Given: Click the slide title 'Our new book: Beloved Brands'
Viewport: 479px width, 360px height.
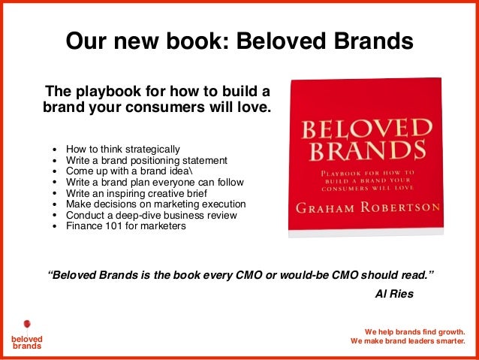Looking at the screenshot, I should click(239, 41).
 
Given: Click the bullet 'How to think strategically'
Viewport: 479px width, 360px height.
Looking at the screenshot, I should click(122, 149).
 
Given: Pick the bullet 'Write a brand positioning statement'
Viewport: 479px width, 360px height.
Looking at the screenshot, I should click(146, 160).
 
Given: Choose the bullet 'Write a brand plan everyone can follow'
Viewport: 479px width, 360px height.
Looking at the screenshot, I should click(154, 182).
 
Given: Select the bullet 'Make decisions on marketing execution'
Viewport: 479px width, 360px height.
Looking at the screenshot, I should click(155, 204).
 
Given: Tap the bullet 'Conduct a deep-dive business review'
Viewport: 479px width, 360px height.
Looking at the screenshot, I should click(151, 214).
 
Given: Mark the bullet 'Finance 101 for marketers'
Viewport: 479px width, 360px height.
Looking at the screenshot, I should click(125, 225).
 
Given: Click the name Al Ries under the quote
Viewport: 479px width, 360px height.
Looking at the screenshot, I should click(393, 293).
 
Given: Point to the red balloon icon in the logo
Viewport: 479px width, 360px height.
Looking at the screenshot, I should click(27, 325).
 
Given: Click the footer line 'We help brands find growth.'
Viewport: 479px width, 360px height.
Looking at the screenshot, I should click(415, 331).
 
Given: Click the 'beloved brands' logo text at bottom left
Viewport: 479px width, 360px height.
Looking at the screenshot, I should click(27, 343).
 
